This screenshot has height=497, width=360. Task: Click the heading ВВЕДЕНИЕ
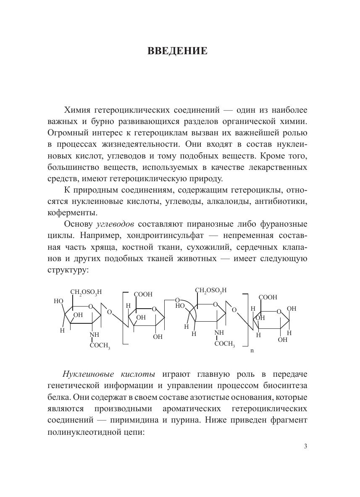click(x=177, y=51)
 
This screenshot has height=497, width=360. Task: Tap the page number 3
click(x=305, y=447)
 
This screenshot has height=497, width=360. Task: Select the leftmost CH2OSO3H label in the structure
click(x=86, y=292)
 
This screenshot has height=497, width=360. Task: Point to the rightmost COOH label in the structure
click(x=268, y=297)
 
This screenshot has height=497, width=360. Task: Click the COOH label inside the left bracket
click(x=143, y=294)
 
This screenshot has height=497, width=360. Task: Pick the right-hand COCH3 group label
click(x=224, y=344)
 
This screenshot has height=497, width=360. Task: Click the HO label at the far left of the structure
click(x=58, y=301)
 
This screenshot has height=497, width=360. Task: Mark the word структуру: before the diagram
click(x=68, y=270)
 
